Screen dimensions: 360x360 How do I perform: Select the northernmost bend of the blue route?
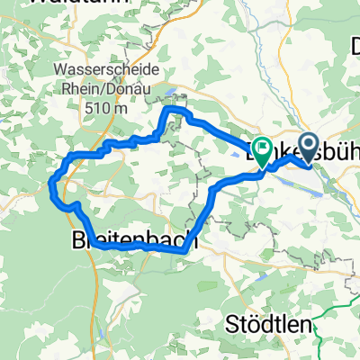click(172, 109)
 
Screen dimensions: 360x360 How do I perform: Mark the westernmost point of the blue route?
click(51, 186)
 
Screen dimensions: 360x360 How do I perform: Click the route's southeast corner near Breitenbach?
click(185, 252)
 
